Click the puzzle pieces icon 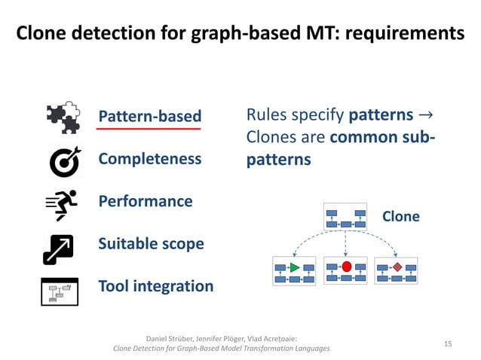click(63, 117)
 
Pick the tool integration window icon click(60, 291)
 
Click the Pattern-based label click(150, 116)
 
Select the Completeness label click(150, 159)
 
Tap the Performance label click(146, 201)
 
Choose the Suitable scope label click(151, 244)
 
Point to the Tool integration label click(156, 286)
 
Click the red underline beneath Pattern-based click(149, 129)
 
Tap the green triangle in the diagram click(295, 267)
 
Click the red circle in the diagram click(347, 267)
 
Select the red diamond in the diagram click(397, 267)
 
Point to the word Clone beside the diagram click(401, 217)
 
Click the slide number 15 click(448, 343)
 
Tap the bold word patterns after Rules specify click(380, 116)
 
